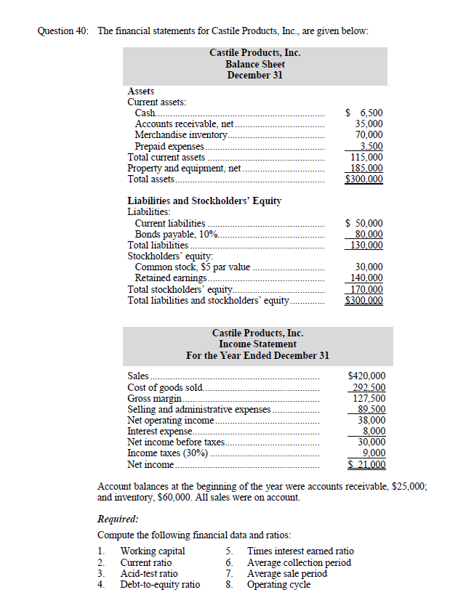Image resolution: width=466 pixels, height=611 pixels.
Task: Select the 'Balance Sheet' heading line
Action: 254,64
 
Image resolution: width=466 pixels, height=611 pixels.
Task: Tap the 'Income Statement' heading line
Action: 257,344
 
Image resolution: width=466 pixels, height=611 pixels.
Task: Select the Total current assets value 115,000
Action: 367,156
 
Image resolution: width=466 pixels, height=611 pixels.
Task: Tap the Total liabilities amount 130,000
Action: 367,246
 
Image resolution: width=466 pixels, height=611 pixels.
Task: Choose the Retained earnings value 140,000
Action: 367,278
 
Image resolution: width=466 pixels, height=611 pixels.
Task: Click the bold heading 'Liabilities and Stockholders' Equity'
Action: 204,201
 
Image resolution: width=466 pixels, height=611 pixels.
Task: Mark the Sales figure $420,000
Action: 367,376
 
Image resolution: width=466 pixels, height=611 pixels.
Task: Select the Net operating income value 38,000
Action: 371,420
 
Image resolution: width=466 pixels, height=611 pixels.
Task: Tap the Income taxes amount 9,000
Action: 373,453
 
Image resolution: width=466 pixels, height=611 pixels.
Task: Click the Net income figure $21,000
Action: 367,464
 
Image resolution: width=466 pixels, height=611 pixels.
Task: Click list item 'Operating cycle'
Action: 279,584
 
